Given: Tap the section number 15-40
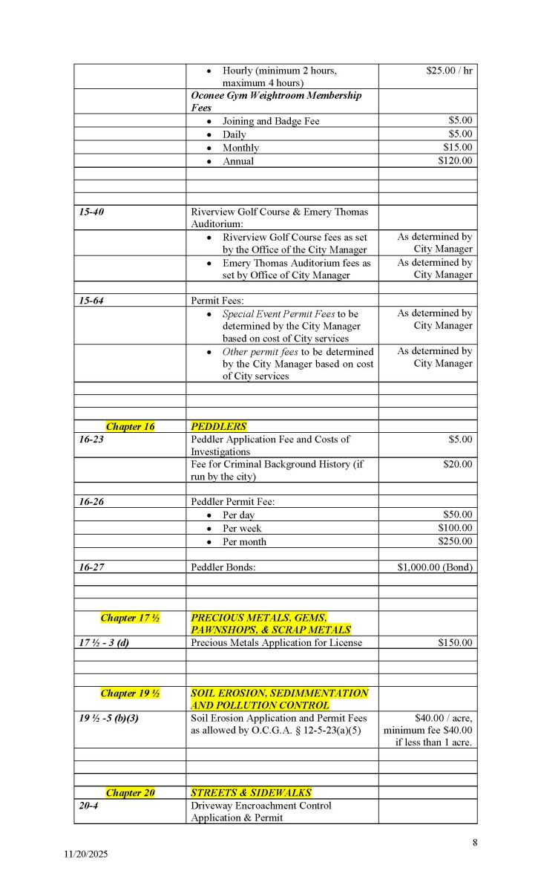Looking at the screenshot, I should point(91,212).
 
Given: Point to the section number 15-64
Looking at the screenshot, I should point(91,301).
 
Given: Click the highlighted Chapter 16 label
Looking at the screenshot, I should point(130,426).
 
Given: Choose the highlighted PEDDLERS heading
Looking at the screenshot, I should point(218,426).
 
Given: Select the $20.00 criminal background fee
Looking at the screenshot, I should point(457,464).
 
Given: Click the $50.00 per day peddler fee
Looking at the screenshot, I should point(457,514).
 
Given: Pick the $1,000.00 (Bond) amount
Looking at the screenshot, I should point(435,567).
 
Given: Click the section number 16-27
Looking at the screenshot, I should point(91,567).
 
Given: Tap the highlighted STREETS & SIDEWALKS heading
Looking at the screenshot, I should point(251,792).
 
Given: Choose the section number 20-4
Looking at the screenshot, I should point(88,806).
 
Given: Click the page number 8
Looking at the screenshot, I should point(474,842).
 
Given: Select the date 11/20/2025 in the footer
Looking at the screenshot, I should point(85,855).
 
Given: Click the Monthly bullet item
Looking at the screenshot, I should point(240,148).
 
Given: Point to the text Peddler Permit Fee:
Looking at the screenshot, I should point(232,501).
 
